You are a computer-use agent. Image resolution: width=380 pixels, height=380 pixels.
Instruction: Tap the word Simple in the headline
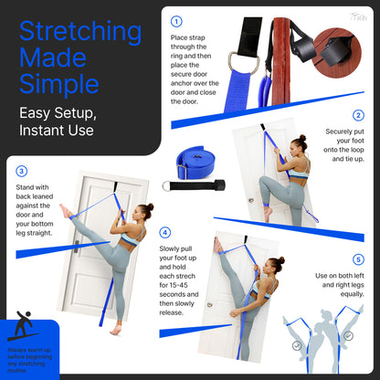click(58, 85)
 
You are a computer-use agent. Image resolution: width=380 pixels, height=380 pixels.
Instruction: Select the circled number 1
click(176, 20)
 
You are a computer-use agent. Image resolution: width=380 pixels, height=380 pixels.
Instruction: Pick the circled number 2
click(357, 115)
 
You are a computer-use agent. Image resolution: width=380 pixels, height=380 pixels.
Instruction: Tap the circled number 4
click(164, 232)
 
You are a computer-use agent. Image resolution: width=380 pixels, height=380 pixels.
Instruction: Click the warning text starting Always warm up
click(28, 358)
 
